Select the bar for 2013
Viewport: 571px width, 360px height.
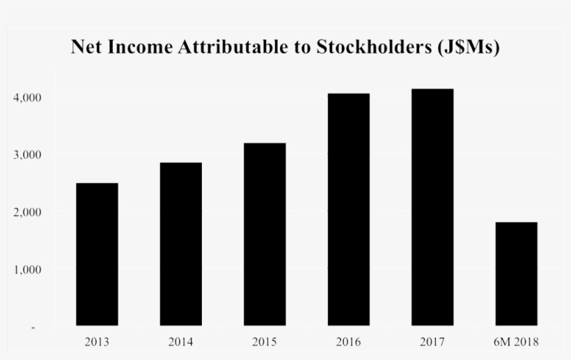97,254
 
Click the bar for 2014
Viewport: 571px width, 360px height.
181,244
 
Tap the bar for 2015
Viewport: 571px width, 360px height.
265,234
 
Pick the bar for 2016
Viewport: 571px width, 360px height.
348,209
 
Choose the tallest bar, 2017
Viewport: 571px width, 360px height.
432,207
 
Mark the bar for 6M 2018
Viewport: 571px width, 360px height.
516,274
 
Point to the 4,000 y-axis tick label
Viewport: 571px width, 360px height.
28,97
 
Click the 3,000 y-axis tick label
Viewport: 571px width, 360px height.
28,155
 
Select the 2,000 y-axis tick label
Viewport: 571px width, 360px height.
28,212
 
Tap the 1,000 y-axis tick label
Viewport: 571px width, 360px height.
28,269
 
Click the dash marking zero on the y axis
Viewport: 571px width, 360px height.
33,327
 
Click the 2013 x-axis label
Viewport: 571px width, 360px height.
97,342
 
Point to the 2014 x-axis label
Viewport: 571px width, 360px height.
181,342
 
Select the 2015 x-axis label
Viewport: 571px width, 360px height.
265,342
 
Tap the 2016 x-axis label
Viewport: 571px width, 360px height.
348,342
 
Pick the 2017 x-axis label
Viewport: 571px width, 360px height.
432,342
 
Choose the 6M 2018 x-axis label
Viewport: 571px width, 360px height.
516,342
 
